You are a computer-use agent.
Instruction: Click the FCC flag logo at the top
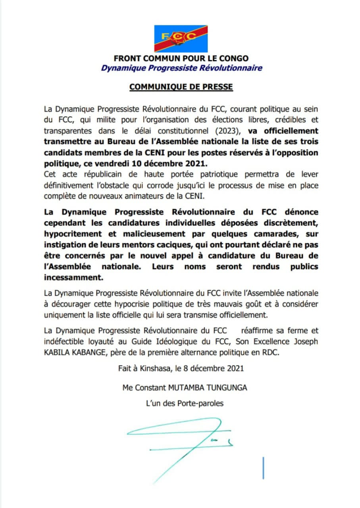click(x=181, y=38)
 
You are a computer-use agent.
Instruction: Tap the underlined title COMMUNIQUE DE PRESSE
click(x=181, y=87)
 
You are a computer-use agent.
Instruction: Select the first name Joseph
click(x=306, y=341)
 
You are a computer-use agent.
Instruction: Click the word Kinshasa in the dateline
click(x=155, y=368)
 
